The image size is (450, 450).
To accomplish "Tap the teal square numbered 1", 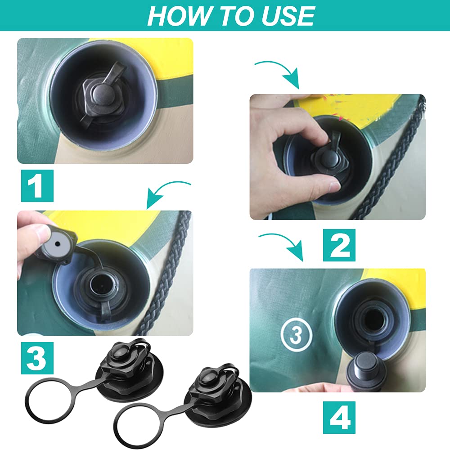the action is (x=37, y=186).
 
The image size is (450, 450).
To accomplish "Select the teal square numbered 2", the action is (x=339, y=245).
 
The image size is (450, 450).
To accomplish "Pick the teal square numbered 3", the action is (x=37, y=358).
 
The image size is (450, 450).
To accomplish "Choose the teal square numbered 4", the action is (x=339, y=417).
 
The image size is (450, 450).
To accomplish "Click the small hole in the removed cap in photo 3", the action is (x=58, y=244).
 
